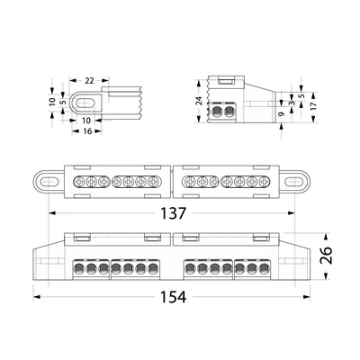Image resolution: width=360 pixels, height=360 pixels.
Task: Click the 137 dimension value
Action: coord(174,213)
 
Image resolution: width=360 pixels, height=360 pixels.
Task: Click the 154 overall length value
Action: coord(174,297)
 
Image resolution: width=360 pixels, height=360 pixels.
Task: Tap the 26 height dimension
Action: coord(326,256)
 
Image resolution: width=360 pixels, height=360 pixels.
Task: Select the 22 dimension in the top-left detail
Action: coord(89,81)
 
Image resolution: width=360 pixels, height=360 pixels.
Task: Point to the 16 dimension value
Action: coord(87,131)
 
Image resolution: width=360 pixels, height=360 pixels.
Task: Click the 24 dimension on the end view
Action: coord(199,101)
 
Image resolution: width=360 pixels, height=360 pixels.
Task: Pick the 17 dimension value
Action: coord(313,105)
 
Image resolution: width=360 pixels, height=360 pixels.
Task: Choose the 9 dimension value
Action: coord(281,114)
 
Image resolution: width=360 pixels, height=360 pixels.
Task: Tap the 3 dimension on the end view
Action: coord(292,103)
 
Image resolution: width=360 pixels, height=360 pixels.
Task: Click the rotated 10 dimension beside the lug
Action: coord(53,102)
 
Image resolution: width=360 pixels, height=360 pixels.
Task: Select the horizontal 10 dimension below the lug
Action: coord(86,121)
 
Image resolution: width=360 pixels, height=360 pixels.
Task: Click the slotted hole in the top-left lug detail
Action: coord(85,103)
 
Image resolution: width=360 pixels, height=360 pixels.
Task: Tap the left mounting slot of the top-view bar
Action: coord(49,182)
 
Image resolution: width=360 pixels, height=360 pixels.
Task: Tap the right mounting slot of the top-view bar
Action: coord(294,182)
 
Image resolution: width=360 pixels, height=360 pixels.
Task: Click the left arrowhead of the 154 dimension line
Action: coord(37,297)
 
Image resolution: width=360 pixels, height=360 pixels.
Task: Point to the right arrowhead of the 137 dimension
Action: coord(292,213)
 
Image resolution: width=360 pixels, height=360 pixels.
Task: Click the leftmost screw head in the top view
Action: coord(79,182)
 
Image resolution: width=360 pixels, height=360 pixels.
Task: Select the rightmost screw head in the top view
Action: coord(264,182)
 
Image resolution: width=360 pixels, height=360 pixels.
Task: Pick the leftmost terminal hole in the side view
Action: coord(79,269)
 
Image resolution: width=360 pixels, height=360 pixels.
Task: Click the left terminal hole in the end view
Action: coord(216,112)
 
